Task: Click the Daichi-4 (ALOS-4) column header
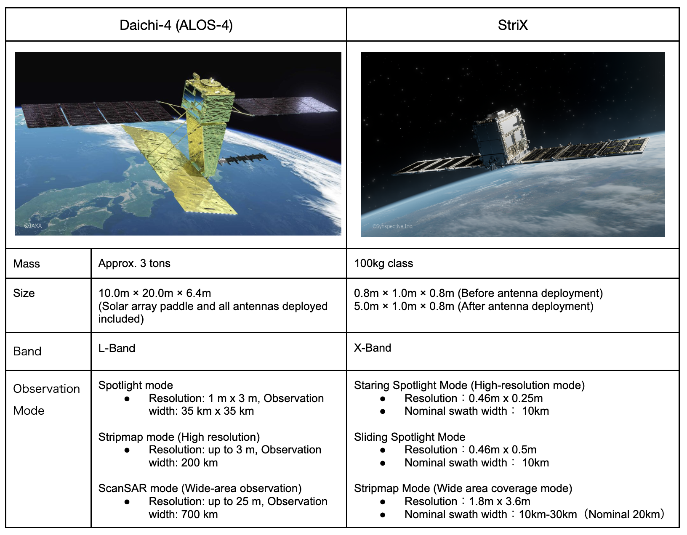coord(176,25)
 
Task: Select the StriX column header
coord(512,25)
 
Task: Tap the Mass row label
coord(27,264)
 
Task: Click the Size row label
coord(24,293)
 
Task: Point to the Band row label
coord(27,351)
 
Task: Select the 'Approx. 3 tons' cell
coord(134,264)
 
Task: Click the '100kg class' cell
coord(383,264)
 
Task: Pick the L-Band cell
coord(117,348)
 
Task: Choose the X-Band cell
coord(373,348)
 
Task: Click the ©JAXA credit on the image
coord(33,226)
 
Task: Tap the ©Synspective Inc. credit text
coord(392,226)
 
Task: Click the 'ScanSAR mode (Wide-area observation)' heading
coord(200,488)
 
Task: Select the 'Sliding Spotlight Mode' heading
coord(410,437)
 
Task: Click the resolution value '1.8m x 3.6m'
coord(499,501)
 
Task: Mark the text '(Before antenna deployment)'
coord(530,293)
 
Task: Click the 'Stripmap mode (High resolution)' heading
coord(179,437)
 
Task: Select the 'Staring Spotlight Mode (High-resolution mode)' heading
coord(469,385)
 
